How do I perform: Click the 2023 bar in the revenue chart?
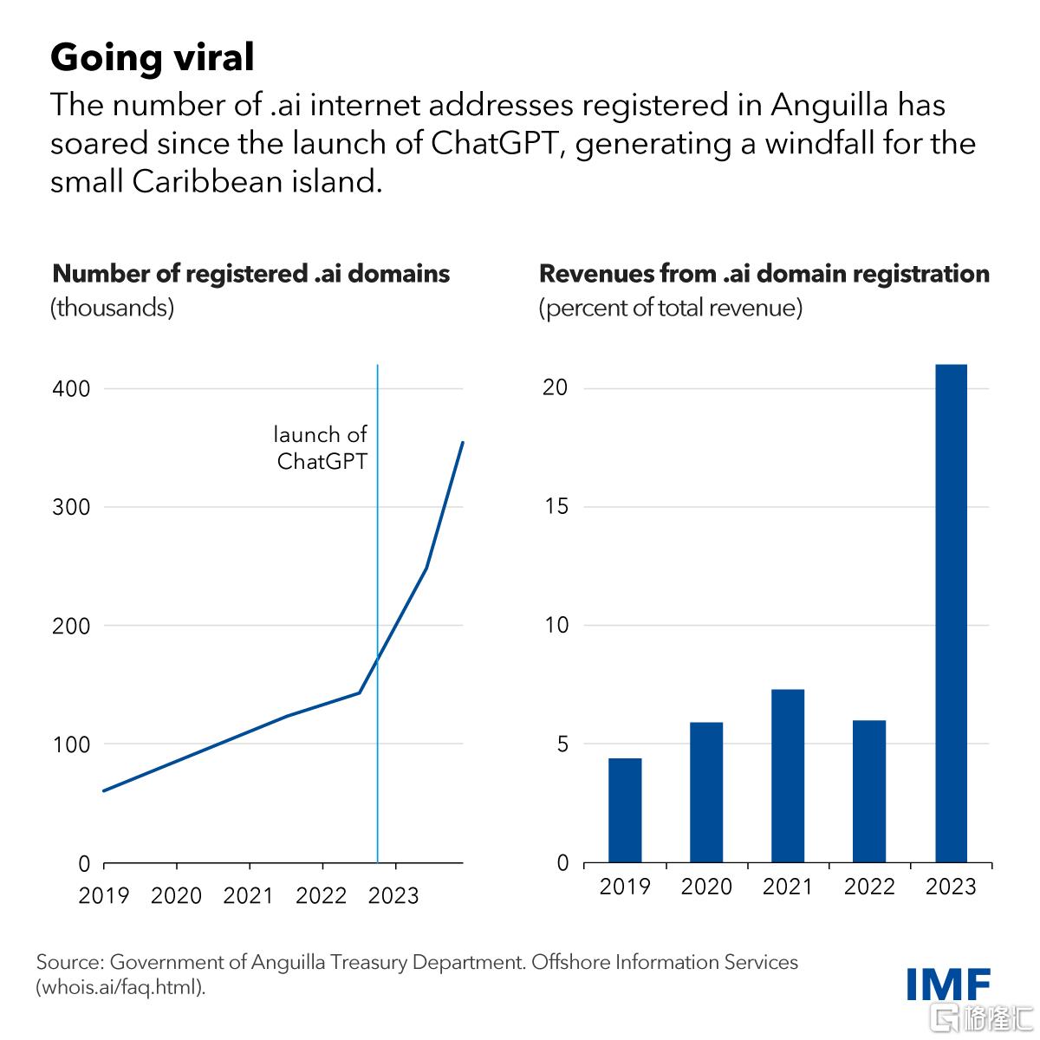pos(951,613)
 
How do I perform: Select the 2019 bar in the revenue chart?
pos(625,810)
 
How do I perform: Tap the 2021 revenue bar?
pos(788,776)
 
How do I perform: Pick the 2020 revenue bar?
pos(706,792)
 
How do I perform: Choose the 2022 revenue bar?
pos(869,791)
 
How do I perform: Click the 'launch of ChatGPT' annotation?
pos(321,448)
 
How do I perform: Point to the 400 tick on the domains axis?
pos(71,388)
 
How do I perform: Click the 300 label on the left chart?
pos(71,507)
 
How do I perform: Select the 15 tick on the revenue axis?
pos(556,506)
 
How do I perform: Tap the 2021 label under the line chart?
pos(248,896)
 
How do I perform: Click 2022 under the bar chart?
pos(869,887)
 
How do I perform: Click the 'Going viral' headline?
pos(153,58)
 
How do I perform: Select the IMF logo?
pos(948,984)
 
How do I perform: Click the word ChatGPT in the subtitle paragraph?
pos(494,144)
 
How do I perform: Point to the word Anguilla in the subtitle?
pos(829,106)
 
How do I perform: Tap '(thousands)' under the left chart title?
pos(113,309)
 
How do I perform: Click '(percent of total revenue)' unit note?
pos(670,309)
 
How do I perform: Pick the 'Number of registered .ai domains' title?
pos(251,274)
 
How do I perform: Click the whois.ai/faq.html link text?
pos(120,988)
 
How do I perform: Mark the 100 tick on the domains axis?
pos(71,744)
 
